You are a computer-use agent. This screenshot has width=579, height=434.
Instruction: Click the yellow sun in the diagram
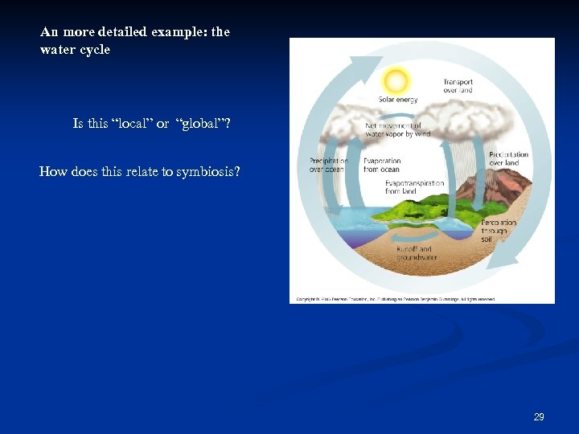(x=396, y=80)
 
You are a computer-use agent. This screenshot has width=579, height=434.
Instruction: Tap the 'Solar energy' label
(x=398, y=100)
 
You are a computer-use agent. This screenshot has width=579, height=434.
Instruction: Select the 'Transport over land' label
(x=458, y=86)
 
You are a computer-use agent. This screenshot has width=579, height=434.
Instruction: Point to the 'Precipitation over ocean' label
(x=328, y=165)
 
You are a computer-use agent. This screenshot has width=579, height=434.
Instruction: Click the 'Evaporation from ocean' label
(x=381, y=165)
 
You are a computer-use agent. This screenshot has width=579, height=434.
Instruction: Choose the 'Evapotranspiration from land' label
(x=414, y=187)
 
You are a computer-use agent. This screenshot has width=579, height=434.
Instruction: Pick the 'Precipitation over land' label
(x=508, y=158)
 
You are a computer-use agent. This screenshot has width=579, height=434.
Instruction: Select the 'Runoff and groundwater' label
(x=417, y=253)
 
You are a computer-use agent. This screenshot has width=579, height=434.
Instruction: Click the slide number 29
(x=539, y=416)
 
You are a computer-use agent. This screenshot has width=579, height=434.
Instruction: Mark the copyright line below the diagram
(x=396, y=298)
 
